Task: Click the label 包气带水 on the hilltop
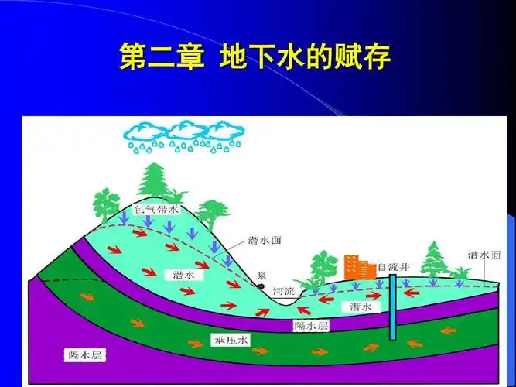[x=157, y=209]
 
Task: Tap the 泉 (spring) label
[x=262, y=276]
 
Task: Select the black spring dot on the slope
[x=261, y=286]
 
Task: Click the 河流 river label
[x=284, y=291]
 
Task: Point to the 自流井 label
[x=394, y=268]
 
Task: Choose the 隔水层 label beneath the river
[x=312, y=326]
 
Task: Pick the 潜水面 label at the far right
[x=484, y=254]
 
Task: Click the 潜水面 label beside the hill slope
[x=265, y=240]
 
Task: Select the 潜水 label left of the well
[x=361, y=307]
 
